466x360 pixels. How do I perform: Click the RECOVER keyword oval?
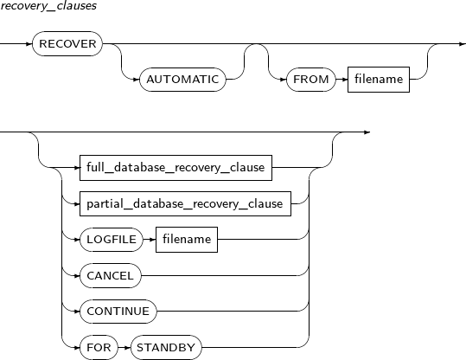67,44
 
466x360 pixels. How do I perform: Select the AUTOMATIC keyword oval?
182,80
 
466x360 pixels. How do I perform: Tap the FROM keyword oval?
311,80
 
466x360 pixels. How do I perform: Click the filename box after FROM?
379,80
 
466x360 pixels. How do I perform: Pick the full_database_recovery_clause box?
176,168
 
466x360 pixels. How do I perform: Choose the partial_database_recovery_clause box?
185,204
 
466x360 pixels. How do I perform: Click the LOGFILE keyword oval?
112,240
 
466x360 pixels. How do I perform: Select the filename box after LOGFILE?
187,240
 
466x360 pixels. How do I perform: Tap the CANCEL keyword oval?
111,275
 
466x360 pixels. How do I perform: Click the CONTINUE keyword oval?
118,312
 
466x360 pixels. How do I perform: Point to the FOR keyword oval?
99,347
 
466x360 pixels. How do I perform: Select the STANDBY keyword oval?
166,347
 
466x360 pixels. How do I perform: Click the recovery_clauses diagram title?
48,6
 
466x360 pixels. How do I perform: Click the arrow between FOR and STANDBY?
124,347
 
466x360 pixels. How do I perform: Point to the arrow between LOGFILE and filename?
150,240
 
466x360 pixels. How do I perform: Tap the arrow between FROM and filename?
342,80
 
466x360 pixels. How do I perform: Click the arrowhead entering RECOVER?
29,44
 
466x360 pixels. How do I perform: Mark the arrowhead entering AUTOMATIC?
136,80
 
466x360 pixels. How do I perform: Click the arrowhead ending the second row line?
367,132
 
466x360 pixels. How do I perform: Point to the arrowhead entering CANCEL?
76,276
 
